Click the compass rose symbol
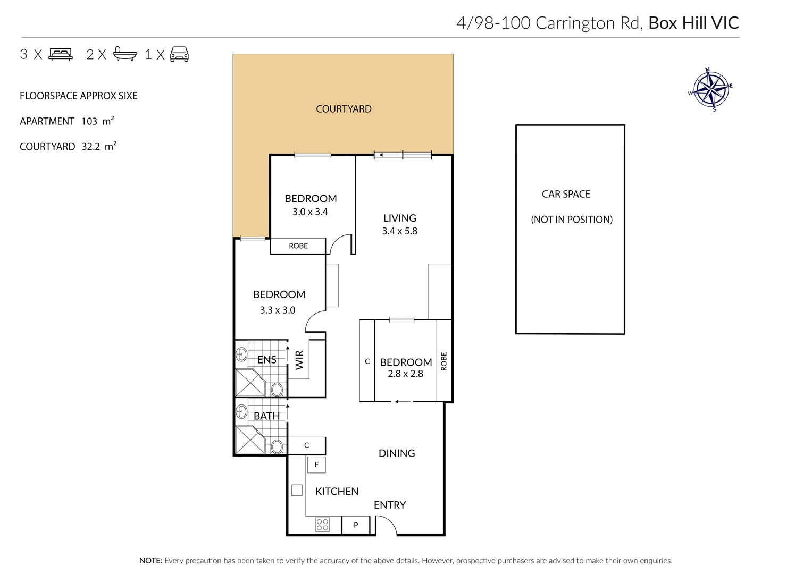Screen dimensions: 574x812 710,89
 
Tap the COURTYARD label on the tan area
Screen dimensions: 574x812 344,109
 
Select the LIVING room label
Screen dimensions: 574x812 399,218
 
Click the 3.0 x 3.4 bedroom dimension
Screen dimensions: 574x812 310,212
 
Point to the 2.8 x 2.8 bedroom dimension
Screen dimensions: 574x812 405,374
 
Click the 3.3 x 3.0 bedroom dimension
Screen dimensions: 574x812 277,310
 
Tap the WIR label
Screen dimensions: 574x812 299,360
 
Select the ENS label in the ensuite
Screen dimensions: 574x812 266,360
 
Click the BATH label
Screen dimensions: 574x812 266,416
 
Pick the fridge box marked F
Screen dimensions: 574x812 316,465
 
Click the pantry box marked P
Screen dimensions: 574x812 356,525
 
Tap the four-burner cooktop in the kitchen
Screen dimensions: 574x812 322,525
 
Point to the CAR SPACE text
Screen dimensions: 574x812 566,194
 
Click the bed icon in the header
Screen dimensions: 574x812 61,54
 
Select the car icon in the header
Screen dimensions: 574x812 180,54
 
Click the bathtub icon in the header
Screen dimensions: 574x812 125,54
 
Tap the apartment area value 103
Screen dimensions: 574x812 89,121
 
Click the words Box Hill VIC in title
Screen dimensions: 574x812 693,23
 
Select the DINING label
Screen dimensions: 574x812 397,453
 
